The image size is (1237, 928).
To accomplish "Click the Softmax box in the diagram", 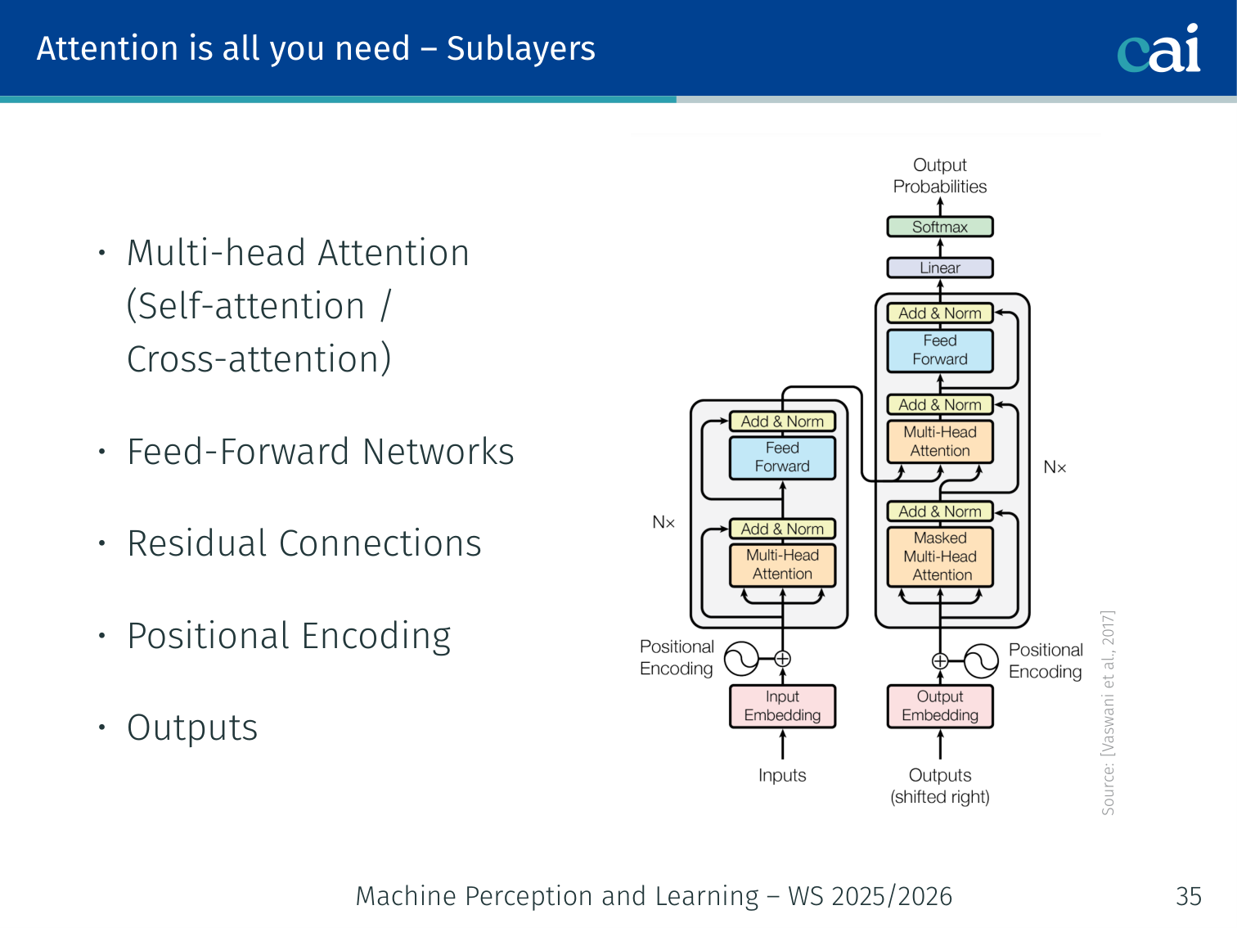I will click(940, 227).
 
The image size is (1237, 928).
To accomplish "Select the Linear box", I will click(940, 268).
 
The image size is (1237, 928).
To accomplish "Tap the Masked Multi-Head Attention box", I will click(940, 556).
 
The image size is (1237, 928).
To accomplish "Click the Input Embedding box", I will click(782, 705).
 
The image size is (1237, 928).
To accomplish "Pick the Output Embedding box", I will click(940, 705).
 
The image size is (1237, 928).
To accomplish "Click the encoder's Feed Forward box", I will click(782, 457).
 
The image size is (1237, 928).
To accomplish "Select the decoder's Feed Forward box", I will click(940, 350).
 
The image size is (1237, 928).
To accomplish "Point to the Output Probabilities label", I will click(940, 176).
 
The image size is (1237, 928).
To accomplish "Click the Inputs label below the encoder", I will click(782, 775).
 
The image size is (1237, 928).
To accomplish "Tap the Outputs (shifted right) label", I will click(940, 786).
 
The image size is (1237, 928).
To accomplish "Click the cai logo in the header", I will click(1158, 49).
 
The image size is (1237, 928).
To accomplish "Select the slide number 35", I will click(1188, 896).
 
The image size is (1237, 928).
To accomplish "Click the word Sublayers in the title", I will click(520, 48).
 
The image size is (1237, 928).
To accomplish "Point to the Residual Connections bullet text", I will click(304, 543).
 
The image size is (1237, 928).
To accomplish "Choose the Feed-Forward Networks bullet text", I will click(321, 452).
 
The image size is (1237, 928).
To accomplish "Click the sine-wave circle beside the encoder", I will click(742, 659).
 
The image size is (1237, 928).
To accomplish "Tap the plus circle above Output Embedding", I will click(940, 661).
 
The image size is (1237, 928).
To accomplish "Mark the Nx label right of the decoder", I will click(1055, 467).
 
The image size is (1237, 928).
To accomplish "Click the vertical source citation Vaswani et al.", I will click(1108, 712).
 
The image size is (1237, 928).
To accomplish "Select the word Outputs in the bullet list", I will click(192, 728).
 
